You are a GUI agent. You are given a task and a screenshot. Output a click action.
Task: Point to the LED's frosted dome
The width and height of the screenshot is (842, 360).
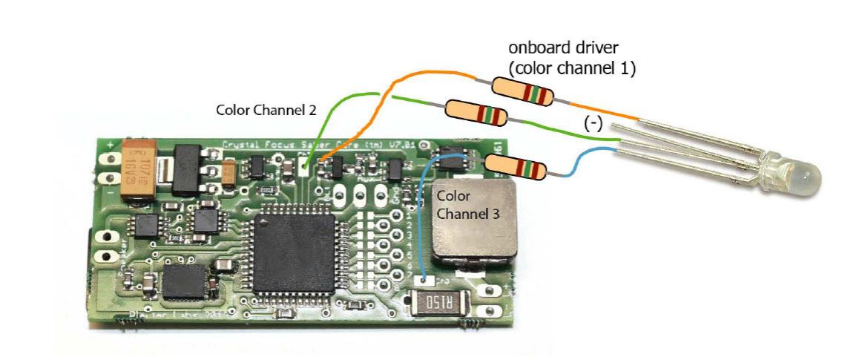pyautogui.click(x=804, y=178)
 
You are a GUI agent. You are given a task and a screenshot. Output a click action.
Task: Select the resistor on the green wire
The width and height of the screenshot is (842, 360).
pyautogui.click(x=476, y=113)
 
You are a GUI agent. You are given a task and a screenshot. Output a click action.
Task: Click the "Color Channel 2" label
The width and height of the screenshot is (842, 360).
pyautogui.click(x=266, y=109)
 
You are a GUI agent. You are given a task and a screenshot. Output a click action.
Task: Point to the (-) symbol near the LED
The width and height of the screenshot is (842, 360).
pyautogui.click(x=593, y=124)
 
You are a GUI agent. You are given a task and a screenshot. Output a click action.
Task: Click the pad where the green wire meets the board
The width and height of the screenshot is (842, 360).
pyautogui.click(x=306, y=164)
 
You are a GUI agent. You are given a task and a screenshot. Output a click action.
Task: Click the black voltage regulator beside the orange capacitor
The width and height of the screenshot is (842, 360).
pyautogui.click(x=186, y=166)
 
